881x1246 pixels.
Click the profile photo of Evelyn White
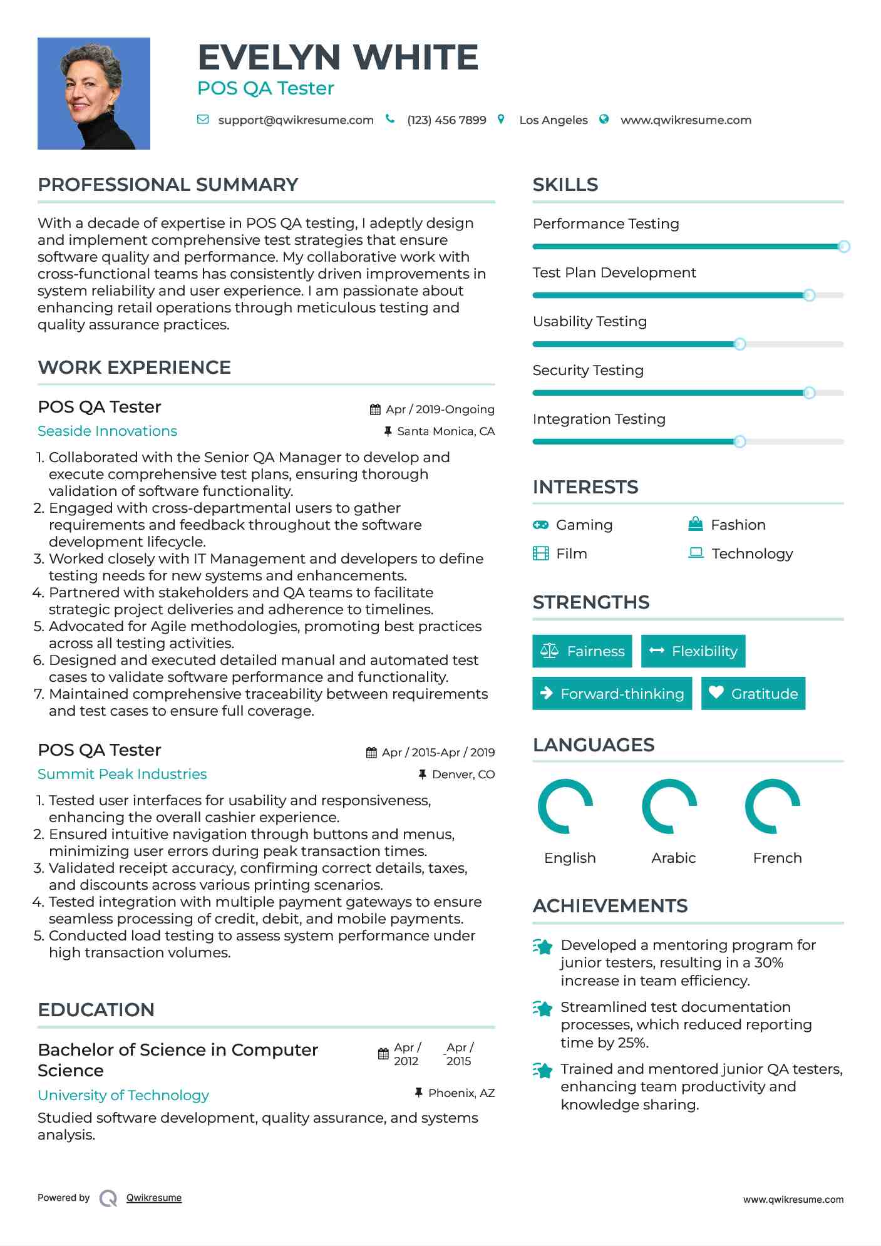coord(94,93)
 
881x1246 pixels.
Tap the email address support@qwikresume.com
coord(296,120)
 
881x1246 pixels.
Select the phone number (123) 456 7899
coord(446,120)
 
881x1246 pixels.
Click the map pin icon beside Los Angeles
coord(501,119)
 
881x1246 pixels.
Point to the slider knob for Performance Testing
coord(843,247)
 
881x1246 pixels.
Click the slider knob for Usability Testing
coord(739,344)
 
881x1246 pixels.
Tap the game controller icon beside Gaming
coord(540,525)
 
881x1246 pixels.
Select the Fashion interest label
coord(738,525)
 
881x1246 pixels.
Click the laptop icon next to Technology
coord(696,553)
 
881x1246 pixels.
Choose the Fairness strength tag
coord(582,651)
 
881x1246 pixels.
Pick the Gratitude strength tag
coord(753,694)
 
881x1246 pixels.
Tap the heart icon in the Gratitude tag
coord(716,693)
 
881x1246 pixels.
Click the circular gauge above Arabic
coord(669,806)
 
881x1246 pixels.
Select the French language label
coord(777,858)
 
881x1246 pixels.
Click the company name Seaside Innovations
coord(107,431)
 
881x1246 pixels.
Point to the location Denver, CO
coord(463,775)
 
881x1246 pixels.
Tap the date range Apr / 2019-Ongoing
coord(440,409)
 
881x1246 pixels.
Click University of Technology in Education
coord(123,1095)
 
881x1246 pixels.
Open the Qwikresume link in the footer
coord(154,1198)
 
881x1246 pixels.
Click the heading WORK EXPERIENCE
coord(135,368)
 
